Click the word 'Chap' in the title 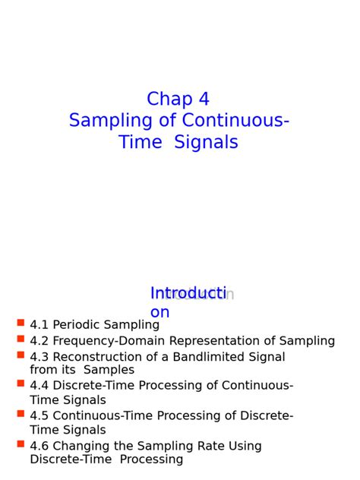[169, 99]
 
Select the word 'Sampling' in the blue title [103, 121]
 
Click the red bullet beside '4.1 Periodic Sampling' [21, 323]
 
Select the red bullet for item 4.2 [21, 339]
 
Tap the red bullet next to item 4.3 [21, 355]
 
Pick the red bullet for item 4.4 [21, 384]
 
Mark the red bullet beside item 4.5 [21, 414]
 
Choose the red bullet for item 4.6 [21, 444]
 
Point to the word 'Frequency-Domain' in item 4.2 [101, 341]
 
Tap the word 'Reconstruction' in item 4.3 [96, 357]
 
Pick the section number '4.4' [39, 386]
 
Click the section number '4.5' [39, 416]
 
